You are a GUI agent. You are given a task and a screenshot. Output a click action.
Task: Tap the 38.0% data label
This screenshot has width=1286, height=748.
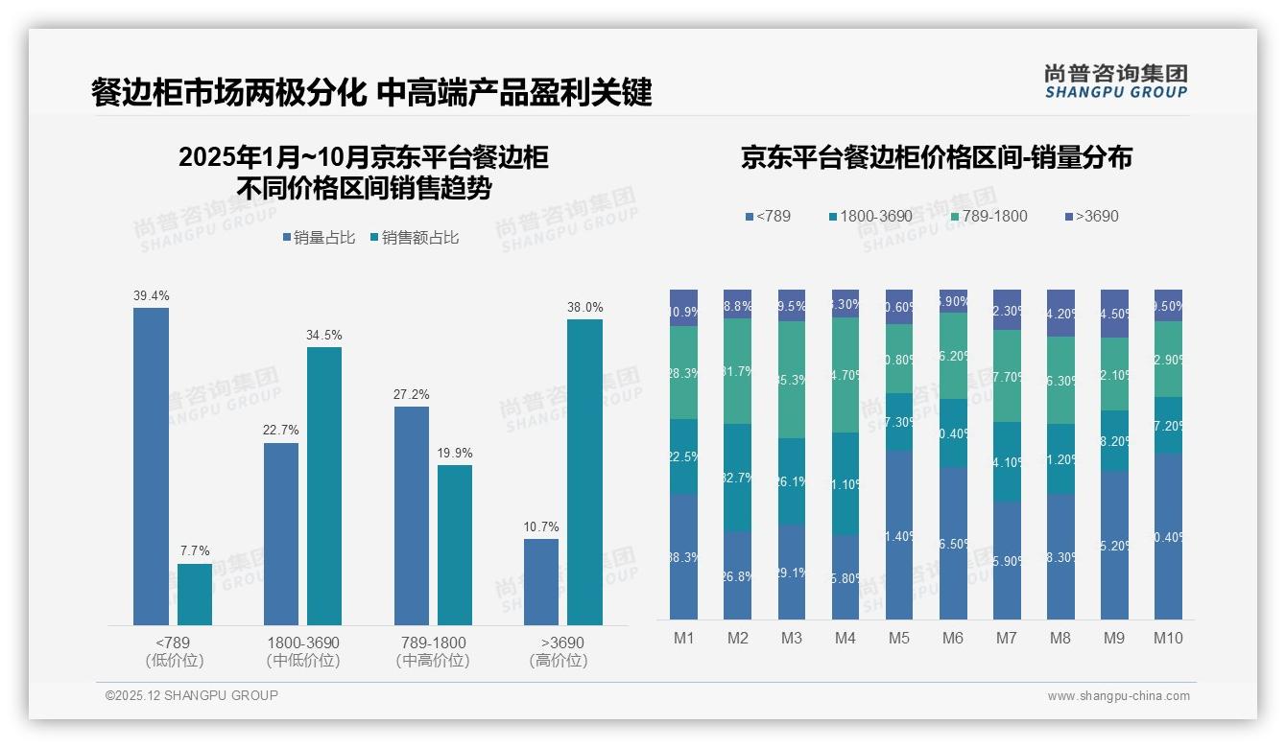(x=584, y=308)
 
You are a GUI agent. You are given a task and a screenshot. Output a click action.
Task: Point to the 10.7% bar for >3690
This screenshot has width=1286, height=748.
(x=541, y=582)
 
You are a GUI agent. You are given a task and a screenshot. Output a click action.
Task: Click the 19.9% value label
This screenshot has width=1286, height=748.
(x=455, y=454)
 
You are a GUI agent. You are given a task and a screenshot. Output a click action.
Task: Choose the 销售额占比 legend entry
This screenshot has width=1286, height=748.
(x=415, y=238)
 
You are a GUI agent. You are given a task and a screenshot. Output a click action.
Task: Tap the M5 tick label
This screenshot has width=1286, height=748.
(x=899, y=638)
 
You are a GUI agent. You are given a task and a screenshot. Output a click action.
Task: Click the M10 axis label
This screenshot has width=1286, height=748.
(x=1168, y=638)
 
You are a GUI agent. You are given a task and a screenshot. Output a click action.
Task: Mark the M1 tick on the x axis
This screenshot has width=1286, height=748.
(x=684, y=638)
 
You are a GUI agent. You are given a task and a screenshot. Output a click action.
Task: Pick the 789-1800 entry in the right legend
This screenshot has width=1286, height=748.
(x=989, y=217)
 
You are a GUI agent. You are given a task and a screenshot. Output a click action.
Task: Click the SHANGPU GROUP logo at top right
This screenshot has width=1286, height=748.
(x=1116, y=81)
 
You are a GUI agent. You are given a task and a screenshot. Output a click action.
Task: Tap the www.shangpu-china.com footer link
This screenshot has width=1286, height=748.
(x=1118, y=696)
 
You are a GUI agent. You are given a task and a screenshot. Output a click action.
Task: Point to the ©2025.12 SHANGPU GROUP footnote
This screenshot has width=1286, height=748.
(x=192, y=695)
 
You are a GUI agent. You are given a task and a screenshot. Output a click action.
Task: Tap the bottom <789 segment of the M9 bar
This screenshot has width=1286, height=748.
(x=1114, y=545)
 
